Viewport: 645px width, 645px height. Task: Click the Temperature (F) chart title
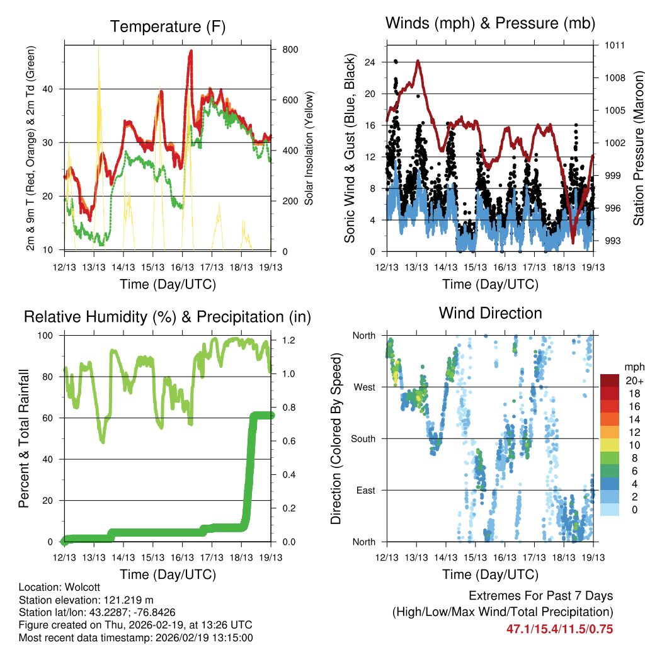[168, 26]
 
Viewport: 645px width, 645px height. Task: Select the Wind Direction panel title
[490, 313]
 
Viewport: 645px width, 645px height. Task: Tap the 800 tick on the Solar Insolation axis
[289, 49]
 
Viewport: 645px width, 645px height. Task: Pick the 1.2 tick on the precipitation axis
[287, 340]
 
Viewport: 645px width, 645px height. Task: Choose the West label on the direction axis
[364, 387]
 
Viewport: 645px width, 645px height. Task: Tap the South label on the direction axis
[363, 438]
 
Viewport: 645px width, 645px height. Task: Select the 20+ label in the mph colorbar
[634, 380]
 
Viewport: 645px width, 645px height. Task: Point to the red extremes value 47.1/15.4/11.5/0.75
[559, 629]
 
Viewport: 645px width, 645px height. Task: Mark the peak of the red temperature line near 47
[190, 51]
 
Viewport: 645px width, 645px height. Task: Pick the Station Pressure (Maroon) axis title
[638, 148]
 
